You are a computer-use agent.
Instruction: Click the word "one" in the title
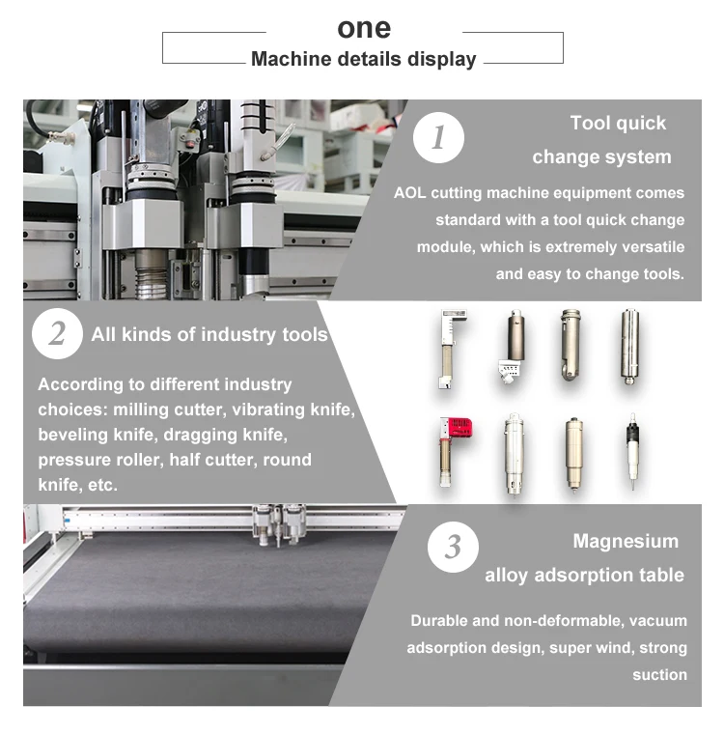tap(364, 29)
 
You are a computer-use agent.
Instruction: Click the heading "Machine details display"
tap(364, 60)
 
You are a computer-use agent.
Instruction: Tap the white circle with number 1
tap(438, 137)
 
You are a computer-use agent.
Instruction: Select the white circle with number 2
tap(57, 334)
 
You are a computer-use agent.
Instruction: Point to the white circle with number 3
tap(453, 547)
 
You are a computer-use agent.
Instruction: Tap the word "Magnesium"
tap(626, 542)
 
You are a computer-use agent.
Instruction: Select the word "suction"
tap(660, 674)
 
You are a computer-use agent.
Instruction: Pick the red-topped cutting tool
tap(453, 451)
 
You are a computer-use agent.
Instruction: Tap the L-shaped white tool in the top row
tap(450, 349)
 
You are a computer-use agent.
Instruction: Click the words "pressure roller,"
tap(100, 460)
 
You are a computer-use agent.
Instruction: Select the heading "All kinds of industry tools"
tap(209, 335)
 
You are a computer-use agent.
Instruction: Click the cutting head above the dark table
tap(279, 524)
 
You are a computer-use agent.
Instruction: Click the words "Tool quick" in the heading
tap(618, 124)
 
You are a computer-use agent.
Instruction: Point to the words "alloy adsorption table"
tap(585, 576)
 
